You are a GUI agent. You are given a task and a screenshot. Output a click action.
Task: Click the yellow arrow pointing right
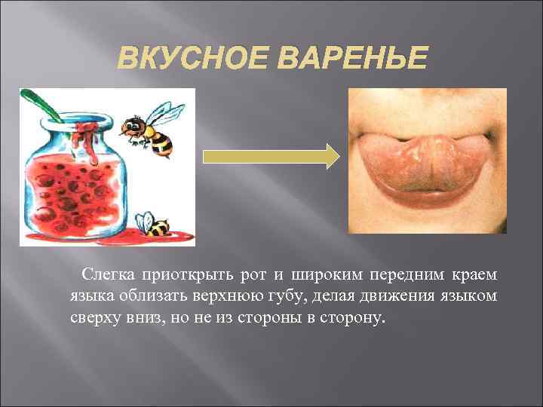point(272,157)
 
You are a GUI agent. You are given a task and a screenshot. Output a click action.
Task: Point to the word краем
point(475,273)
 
